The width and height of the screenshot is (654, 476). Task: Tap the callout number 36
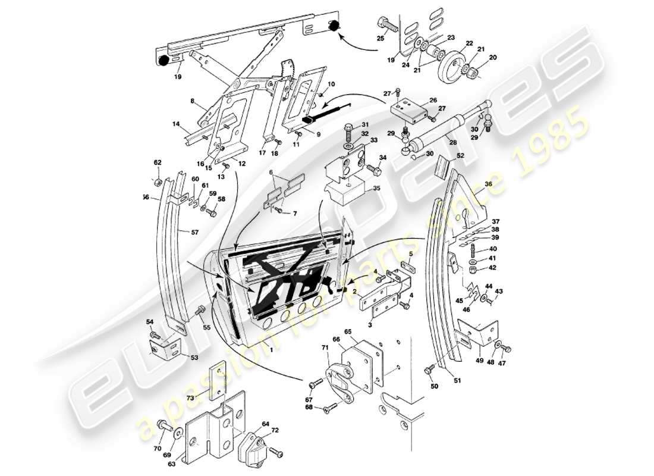tap(488, 184)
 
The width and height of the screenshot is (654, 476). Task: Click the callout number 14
tap(176, 124)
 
